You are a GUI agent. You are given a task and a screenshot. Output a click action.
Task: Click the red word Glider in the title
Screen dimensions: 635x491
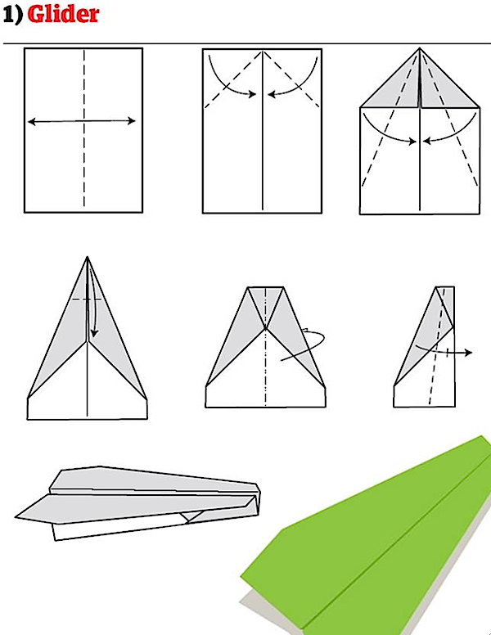[x=62, y=16]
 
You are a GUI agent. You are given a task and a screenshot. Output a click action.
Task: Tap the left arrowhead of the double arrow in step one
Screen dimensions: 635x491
[x=30, y=122]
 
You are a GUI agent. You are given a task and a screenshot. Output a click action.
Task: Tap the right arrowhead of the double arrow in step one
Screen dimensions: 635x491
[x=133, y=122]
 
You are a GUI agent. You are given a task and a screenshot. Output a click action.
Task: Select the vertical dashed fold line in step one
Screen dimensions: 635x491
[x=83, y=164]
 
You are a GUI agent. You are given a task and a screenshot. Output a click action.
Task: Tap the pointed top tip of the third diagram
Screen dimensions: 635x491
[x=419, y=48]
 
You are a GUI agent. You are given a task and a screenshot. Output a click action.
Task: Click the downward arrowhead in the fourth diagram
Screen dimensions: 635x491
[x=94, y=334]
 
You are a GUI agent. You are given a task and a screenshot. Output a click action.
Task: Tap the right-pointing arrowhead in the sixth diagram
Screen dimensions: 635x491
[x=470, y=353]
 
